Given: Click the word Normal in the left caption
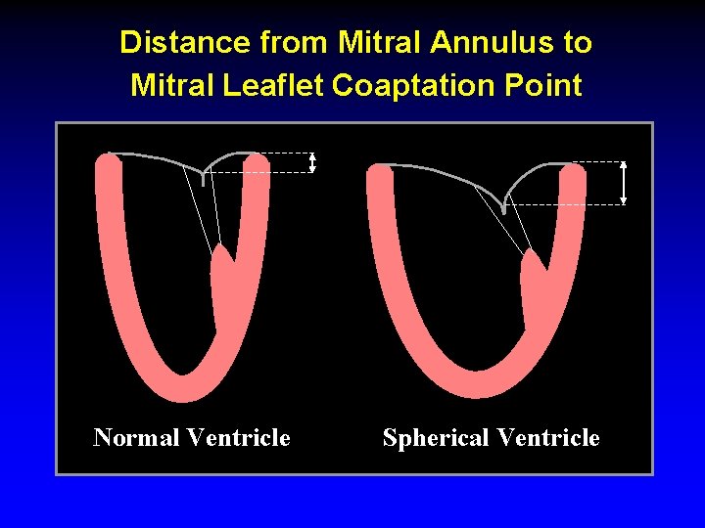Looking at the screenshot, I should coord(135,437).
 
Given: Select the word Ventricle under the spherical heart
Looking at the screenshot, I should coord(547,437).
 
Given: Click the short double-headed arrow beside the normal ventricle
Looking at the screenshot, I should coord(312,162).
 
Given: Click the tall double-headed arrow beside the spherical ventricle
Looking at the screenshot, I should coord(624,182).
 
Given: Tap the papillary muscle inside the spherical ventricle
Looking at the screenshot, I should coord(534,293).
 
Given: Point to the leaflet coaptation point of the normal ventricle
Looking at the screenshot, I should coord(203,180).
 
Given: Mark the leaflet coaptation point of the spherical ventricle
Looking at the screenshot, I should coord(504,208).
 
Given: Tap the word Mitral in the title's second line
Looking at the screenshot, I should coord(173,86).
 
